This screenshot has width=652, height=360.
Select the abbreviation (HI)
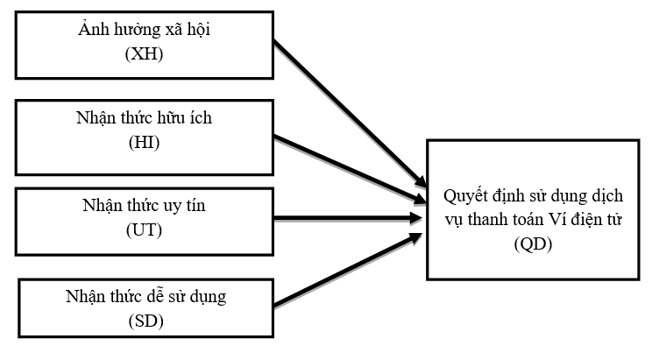[x=145, y=143]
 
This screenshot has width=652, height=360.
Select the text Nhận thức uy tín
[x=145, y=205]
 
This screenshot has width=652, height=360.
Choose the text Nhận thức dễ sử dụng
[x=145, y=296]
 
